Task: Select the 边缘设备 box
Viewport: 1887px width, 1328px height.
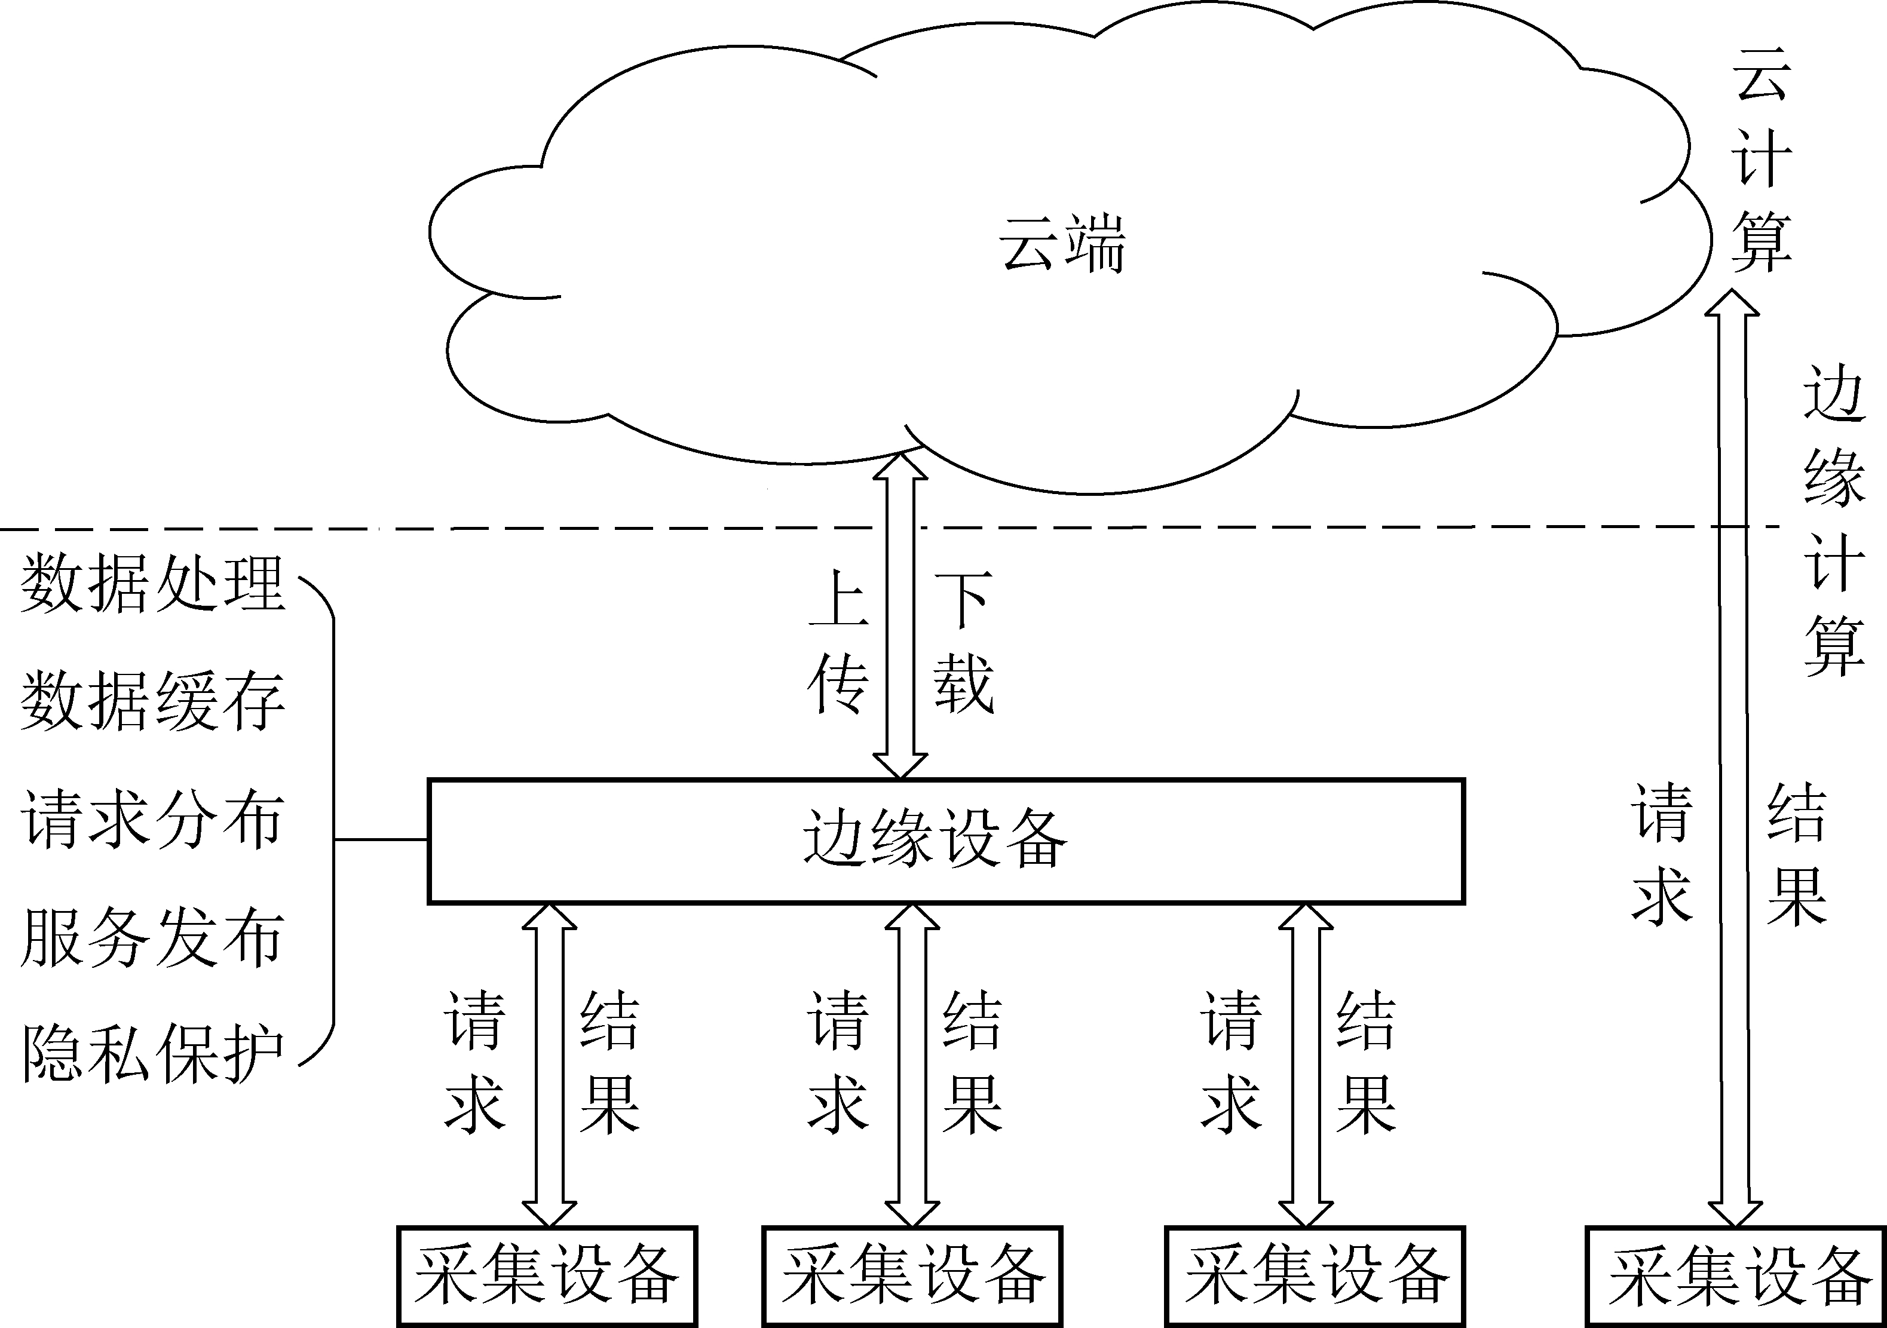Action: pos(945,841)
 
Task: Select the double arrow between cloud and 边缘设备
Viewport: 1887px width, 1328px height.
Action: pos(900,617)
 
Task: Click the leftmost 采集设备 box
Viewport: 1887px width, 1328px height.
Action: pos(547,1276)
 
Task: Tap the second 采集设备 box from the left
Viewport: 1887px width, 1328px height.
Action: pos(912,1276)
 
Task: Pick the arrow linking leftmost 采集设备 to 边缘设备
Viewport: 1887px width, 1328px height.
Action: pos(549,1065)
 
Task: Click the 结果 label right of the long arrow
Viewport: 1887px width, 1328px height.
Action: pos(1797,855)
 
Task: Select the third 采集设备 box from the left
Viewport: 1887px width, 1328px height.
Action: pos(1315,1276)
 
